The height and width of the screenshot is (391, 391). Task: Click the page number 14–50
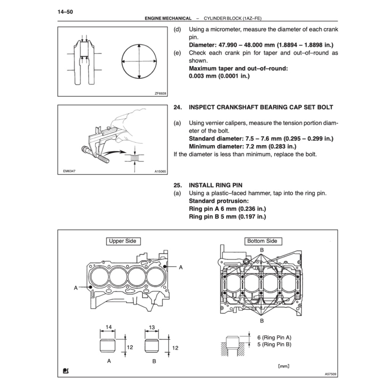coord(65,12)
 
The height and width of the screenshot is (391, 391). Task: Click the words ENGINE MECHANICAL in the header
coord(168,18)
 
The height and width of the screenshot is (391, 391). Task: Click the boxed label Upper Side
coord(122,241)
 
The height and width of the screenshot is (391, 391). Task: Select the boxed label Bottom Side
coord(262,241)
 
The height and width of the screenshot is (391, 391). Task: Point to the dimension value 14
coord(108,327)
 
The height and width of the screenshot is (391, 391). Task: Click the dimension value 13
coord(152,327)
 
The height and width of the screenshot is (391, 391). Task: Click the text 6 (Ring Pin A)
coord(274,337)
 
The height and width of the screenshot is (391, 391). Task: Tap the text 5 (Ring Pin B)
coord(274,344)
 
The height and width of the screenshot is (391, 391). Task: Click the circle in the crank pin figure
coord(139,61)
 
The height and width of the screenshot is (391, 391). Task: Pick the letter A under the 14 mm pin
coord(109,361)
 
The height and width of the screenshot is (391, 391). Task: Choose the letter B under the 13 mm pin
coord(154,361)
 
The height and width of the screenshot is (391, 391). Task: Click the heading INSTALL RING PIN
coord(215,186)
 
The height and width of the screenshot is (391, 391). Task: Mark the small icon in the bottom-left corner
coord(66,370)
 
